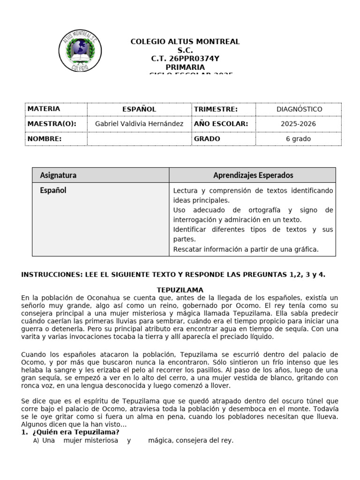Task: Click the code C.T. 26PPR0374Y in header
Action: (185, 59)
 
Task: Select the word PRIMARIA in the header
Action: (185, 67)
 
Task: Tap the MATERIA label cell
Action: (44, 109)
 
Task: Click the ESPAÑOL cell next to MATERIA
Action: (139, 109)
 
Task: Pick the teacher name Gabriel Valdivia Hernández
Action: (139, 124)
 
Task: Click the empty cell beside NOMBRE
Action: (139, 139)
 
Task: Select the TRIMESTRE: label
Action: (216, 109)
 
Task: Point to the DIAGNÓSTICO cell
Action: (299, 109)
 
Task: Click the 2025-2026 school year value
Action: (299, 124)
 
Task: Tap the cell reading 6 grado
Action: (299, 139)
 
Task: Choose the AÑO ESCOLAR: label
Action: (221, 124)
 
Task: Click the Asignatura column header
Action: (58, 175)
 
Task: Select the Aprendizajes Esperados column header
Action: (253, 175)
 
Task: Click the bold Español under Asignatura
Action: (53, 190)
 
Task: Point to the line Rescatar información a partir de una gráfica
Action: (246, 249)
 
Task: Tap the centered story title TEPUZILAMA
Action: (180, 290)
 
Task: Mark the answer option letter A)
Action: (36, 441)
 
